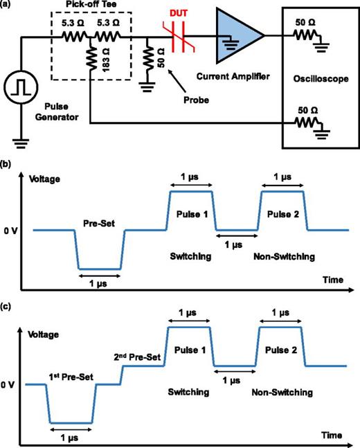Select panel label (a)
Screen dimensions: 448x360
click(8, 6)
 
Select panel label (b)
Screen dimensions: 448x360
click(8, 165)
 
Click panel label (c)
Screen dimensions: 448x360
click(8, 304)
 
